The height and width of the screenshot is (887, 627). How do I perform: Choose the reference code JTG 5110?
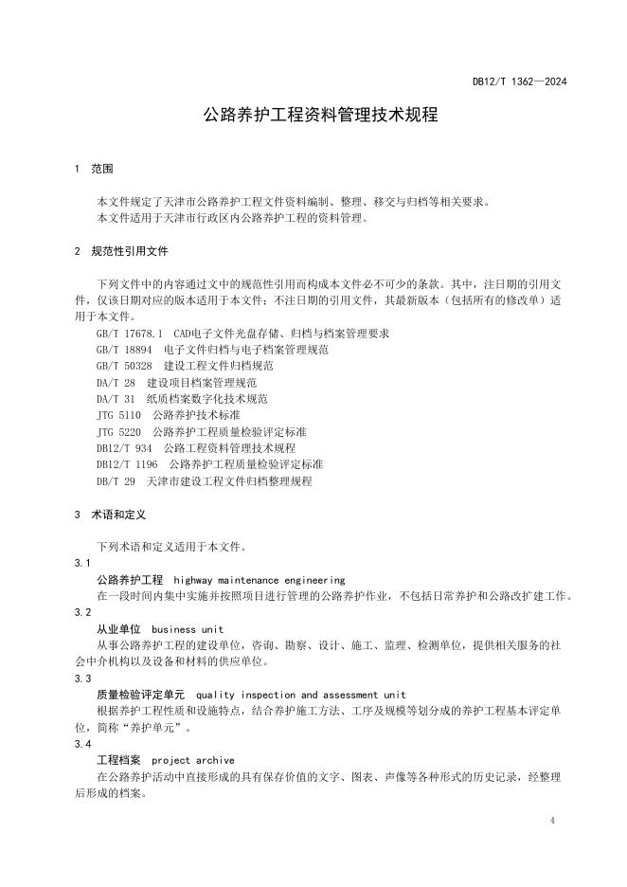coord(118,416)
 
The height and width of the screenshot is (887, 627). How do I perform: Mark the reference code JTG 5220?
coord(118,432)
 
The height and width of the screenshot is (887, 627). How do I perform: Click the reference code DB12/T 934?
coord(124,448)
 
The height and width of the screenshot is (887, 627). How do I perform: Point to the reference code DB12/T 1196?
coord(127,464)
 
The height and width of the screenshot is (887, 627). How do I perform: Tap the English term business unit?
coord(188,629)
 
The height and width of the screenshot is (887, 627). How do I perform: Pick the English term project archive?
coord(193,760)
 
